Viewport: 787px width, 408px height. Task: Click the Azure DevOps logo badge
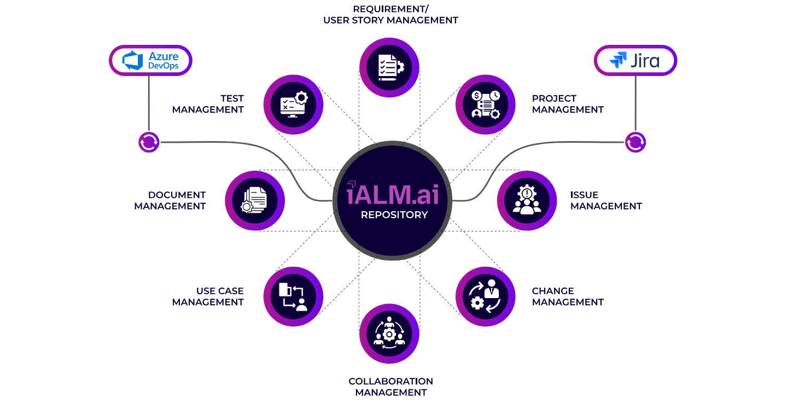pos(150,60)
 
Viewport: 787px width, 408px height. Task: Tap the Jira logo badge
pos(636,60)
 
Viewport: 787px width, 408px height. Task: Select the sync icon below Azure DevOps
pos(149,142)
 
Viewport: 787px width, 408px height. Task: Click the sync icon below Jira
pos(635,142)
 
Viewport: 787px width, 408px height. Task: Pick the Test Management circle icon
pos(293,104)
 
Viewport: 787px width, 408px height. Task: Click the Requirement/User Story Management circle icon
pos(389,67)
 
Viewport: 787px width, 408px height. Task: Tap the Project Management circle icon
pos(485,104)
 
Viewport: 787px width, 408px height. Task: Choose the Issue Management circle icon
pos(526,201)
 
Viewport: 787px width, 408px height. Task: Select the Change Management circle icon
pos(485,296)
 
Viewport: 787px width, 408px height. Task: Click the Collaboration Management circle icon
pos(389,334)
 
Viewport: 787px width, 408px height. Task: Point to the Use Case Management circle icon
pos(293,296)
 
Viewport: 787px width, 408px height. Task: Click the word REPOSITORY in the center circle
pos(394,215)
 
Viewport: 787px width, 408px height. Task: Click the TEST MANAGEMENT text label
pos(208,104)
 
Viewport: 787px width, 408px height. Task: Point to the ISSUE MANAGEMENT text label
pos(606,201)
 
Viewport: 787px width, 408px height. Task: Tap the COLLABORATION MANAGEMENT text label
pos(390,387)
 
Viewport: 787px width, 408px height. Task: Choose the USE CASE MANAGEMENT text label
pos(208,296)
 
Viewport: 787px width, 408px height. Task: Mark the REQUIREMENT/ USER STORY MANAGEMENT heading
pos(390,15)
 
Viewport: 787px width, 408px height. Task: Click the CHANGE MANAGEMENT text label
pos(568,296)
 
